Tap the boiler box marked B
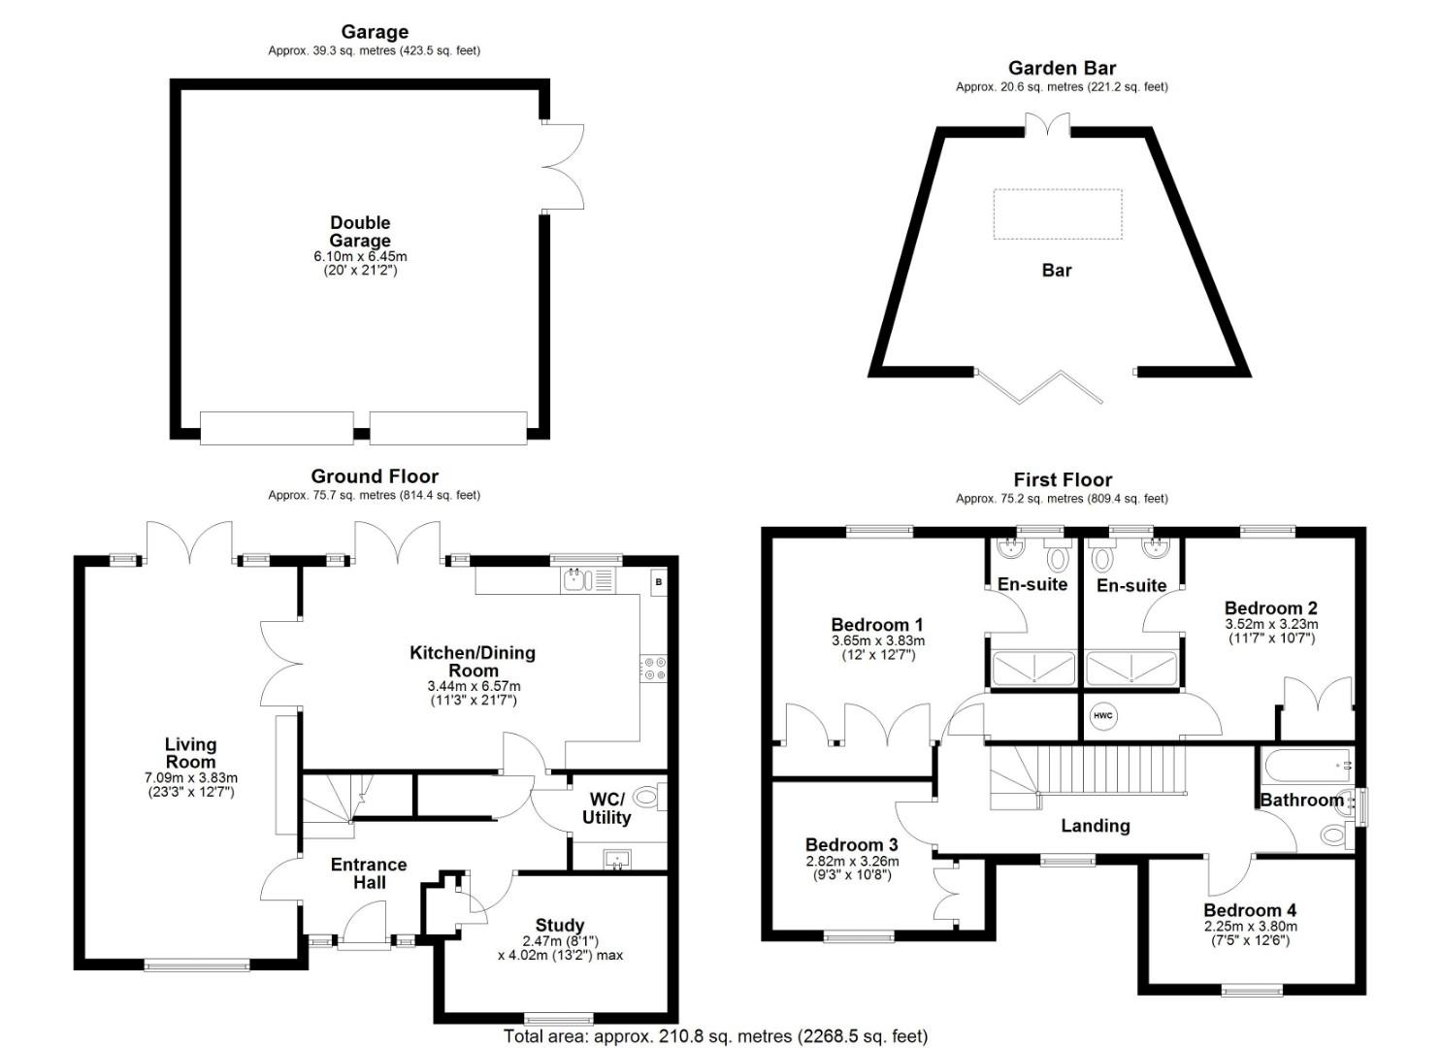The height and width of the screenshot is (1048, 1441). (x=658, y=582)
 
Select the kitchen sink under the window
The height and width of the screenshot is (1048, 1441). (x=588, y=580)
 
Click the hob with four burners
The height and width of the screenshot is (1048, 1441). (x=654, y=669)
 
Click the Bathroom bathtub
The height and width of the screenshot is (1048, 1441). (x=1308, y=766)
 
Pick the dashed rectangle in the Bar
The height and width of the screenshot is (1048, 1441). (x=1058, y=214)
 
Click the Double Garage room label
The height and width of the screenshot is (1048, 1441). (x=360, y=232)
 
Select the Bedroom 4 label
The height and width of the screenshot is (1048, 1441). (x=1250, y=910)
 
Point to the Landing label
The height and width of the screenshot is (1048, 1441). (x=1096, y=826)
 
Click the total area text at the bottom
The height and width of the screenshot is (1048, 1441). (x=715, y=1035)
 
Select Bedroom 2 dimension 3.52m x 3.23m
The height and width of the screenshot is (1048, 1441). (x=1271, y=624)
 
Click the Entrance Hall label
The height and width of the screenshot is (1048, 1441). (x=369, y=873)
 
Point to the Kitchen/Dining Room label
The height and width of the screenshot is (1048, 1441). (x=473, y=662)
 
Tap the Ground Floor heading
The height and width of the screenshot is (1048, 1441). (x=375, y=476)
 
